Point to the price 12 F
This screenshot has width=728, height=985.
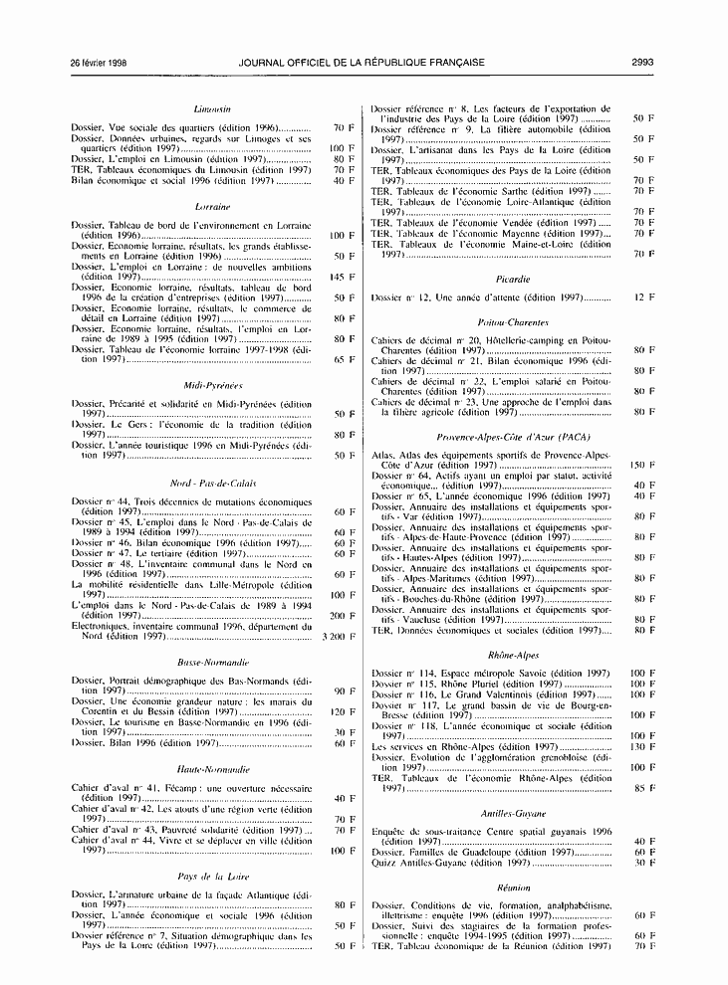coord(644,297)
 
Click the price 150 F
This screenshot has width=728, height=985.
coord(641,466)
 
